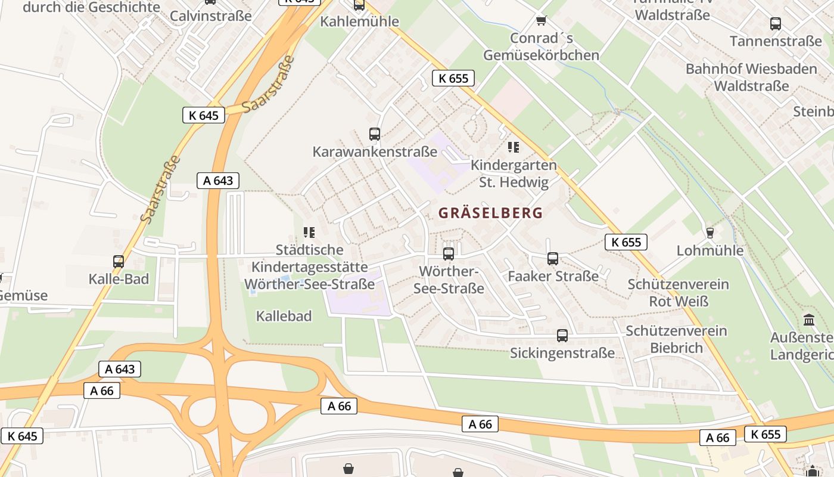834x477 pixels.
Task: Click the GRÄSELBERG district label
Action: [x=490, y=213]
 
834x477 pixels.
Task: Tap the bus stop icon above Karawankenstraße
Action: [x=374, y=134]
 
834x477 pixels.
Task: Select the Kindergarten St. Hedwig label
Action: [x=514, y=174]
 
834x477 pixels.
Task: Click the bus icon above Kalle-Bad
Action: [x=119, y=261]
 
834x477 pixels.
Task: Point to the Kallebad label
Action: [x=284, y=316]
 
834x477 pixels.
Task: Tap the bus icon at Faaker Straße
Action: [x=553, y=259]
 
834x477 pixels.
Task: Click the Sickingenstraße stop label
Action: [x=562, y=353]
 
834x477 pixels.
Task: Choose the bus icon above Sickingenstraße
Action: [x=562, y=335]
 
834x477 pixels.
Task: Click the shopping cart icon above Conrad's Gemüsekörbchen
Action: [x=541, y=21]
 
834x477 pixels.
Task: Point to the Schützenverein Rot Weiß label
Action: [x=678, y=292]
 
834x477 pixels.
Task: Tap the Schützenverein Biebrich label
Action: [x=676, y=339]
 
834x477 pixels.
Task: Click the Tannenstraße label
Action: [x=776, y=41]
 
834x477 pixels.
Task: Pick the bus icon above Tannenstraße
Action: [x=775, y=24]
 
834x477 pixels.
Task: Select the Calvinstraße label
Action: [x=210, y=16]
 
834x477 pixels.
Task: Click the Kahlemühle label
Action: [x=359, y=21]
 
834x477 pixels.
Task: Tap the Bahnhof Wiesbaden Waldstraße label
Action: [x=751, y=77]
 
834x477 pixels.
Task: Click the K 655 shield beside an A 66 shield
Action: [x=765, y=434]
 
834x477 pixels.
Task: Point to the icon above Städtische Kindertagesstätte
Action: [x=309, y=232]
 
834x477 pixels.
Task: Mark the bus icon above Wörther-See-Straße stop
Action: [x=449, y=253]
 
